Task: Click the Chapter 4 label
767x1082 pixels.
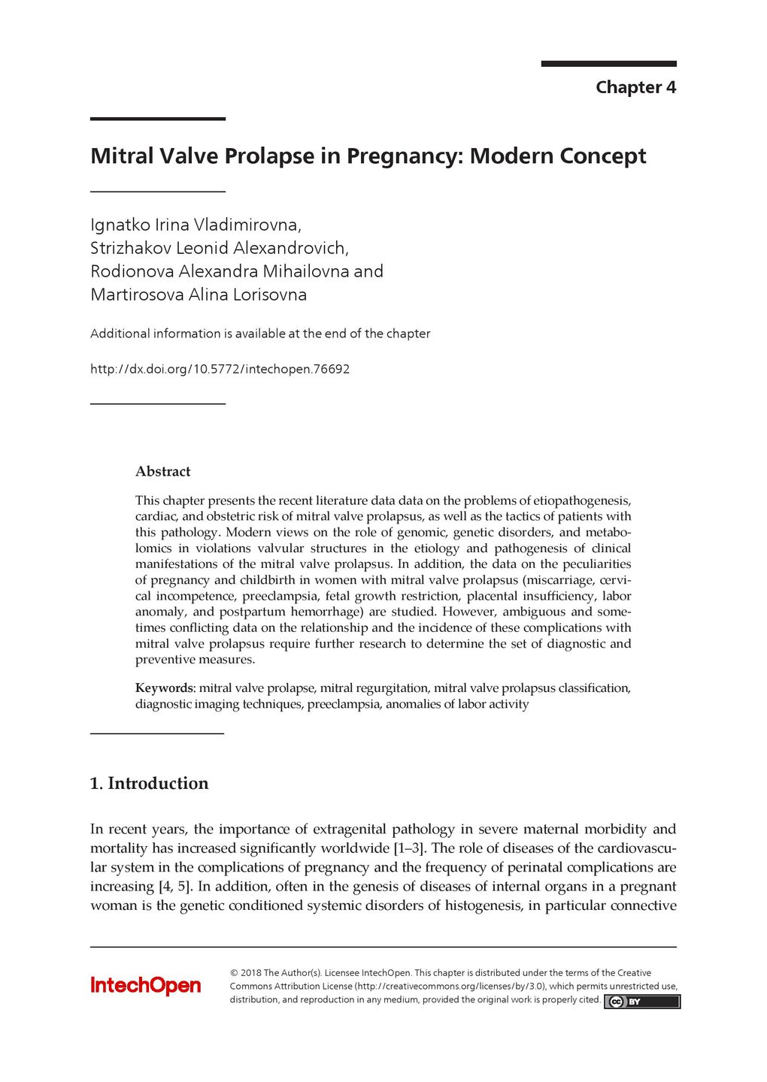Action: [635, 87]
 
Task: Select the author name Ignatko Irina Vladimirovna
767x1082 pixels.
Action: [196, 225]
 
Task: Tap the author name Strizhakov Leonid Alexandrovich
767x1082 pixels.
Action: [219, 248]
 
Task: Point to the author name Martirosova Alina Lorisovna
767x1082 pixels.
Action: [199, 295]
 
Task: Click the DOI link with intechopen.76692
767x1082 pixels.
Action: [220, 369]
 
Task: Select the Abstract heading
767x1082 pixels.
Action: [162, 472]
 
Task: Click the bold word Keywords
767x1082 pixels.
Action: [164, 688]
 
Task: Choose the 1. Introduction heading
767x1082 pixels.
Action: [149, 784]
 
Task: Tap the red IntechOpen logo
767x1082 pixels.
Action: [146, 986]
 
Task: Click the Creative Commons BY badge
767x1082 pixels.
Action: [641, 1002]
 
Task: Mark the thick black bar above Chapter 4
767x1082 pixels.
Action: [608, 64]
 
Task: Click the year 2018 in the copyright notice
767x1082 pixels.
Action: [250, 973]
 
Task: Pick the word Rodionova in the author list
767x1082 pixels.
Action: [132, 271]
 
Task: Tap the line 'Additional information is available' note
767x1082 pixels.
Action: [260, 334]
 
